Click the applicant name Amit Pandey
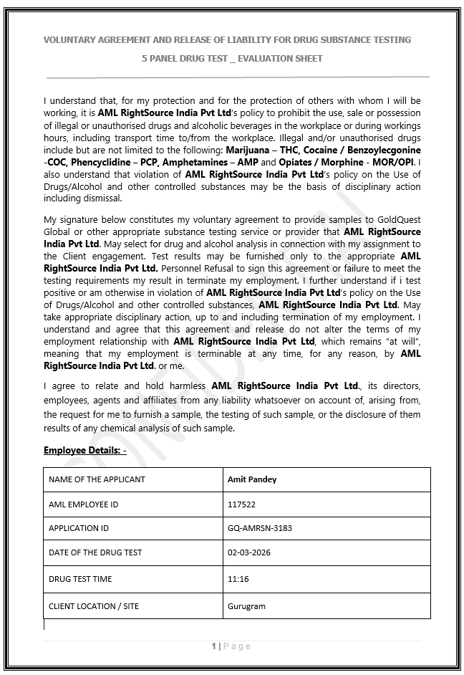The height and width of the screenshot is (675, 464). click(x=251, y=479)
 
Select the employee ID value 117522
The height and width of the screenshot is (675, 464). click(x=241, y=504)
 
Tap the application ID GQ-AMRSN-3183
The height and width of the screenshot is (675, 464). click(x=259, y=528)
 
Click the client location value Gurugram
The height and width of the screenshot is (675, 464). click(x=246, y=606)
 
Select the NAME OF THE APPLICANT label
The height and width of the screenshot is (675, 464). click(x=97, y=479)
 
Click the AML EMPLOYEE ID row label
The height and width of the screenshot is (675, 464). click(x=83, y=504)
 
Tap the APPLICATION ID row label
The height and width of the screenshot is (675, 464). click(x=79, y=528)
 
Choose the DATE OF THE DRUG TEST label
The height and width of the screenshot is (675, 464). click(x=95, y=552)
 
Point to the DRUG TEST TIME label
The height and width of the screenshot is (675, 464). click(x=80, y=579)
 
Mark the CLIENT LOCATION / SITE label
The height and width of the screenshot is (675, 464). click(x=94, y=606)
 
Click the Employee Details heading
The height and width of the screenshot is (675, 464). click(x=84, y=451)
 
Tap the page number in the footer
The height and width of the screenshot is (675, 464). click(x=213, y=646)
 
